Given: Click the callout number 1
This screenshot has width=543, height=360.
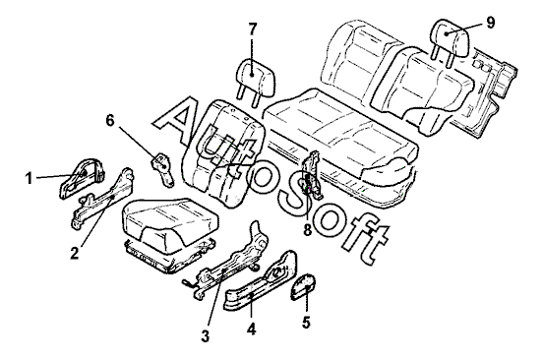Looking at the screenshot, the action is pyautogui.click(x=30, y=179).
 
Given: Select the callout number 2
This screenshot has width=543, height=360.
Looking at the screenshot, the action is pyautogui.click(x=75, y=254).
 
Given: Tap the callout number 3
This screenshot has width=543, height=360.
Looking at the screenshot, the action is pyautogui.click(x=206, y=335).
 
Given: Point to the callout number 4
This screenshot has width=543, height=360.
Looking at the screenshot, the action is pyautogui.click(x=252, y=329).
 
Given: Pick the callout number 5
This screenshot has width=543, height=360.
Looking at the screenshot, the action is pyautogui.click(x=306, y=323).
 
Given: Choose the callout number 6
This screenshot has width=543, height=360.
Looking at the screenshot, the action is pyautogui.click(x=110, y=121).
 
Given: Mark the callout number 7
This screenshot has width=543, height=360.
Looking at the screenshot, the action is pyautogui.click(x=253, y=30).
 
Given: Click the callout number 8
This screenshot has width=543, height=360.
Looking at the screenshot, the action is pyautogui.click(x=308, y=230).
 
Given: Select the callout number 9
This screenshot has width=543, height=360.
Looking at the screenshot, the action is pyautogui.click(x=490, y=23).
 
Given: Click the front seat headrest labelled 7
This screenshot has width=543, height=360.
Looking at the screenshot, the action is pyautogui.click(x=255, y=78).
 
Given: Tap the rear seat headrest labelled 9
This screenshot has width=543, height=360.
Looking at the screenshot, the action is pyautogui.click(x=449, y=38).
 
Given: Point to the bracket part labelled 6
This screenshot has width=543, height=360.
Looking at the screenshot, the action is pyautogui.click(x=162, y=169).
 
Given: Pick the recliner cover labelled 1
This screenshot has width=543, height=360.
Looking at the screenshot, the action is pyautogui.click(x=82, y=177).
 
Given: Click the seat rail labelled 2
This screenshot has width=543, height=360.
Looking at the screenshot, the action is pyautogui.click(x=102, y=199).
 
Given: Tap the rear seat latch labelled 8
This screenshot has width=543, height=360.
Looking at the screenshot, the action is pyautogui.click(x=313, y=175).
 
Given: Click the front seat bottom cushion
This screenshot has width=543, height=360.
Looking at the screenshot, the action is pyautogui.click(x=169, y=227).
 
